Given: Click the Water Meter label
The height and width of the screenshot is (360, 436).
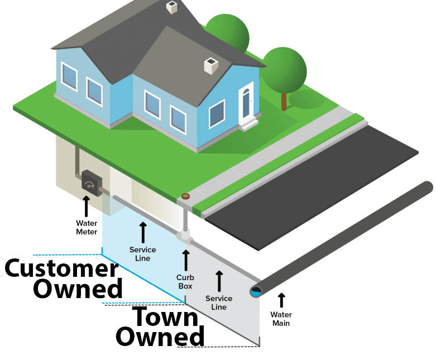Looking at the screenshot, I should (x=87, y=228).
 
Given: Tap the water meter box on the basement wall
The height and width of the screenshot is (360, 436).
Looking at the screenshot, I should (x=90, y=181).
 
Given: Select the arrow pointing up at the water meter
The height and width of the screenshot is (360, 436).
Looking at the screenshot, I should (x=87, y=207).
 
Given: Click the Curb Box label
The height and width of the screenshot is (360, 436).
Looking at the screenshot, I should (x=185, y=282).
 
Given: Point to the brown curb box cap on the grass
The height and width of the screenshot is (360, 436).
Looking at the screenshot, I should (x=185, y=196).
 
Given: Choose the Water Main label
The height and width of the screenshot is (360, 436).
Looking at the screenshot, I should (x=281, y=319).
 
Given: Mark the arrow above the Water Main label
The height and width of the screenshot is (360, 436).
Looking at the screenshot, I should (x=281, y=300).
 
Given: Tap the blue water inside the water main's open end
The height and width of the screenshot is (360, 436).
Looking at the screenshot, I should (x=256, y=291).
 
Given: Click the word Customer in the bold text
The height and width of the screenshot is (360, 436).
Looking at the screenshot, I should (x=61, y=269).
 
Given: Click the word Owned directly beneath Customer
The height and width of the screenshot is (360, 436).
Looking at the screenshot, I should (x=78, y=289).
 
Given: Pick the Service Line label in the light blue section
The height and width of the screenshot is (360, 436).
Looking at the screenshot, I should (x=142, y=254).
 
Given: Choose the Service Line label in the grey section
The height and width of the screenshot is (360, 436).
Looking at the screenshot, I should (x=219, y=303).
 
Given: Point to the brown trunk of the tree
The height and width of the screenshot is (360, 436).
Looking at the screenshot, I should (x=284, y=100).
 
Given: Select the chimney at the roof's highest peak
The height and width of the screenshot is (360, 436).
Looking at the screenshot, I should (x=172, y=7).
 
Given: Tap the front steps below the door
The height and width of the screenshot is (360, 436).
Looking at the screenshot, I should (x=249, y=124).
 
